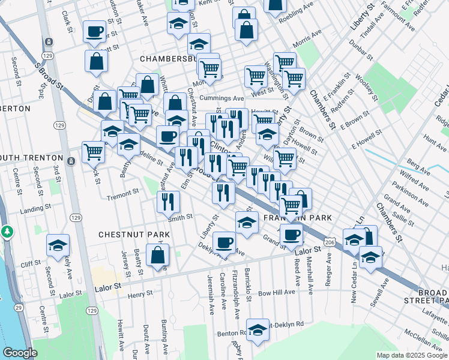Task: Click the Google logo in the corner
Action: click(x=20, y=353)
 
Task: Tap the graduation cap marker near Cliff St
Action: click(x=58, y=245)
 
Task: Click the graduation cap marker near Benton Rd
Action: click(x=258, y=330)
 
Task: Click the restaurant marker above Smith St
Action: click(x=168, y=202)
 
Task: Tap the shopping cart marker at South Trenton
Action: click(x=93, y=151)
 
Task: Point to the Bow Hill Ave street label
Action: click(x=277, y=292)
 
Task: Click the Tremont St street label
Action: click(x=122, y=196)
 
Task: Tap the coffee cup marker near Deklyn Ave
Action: click(x=224, y=242)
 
